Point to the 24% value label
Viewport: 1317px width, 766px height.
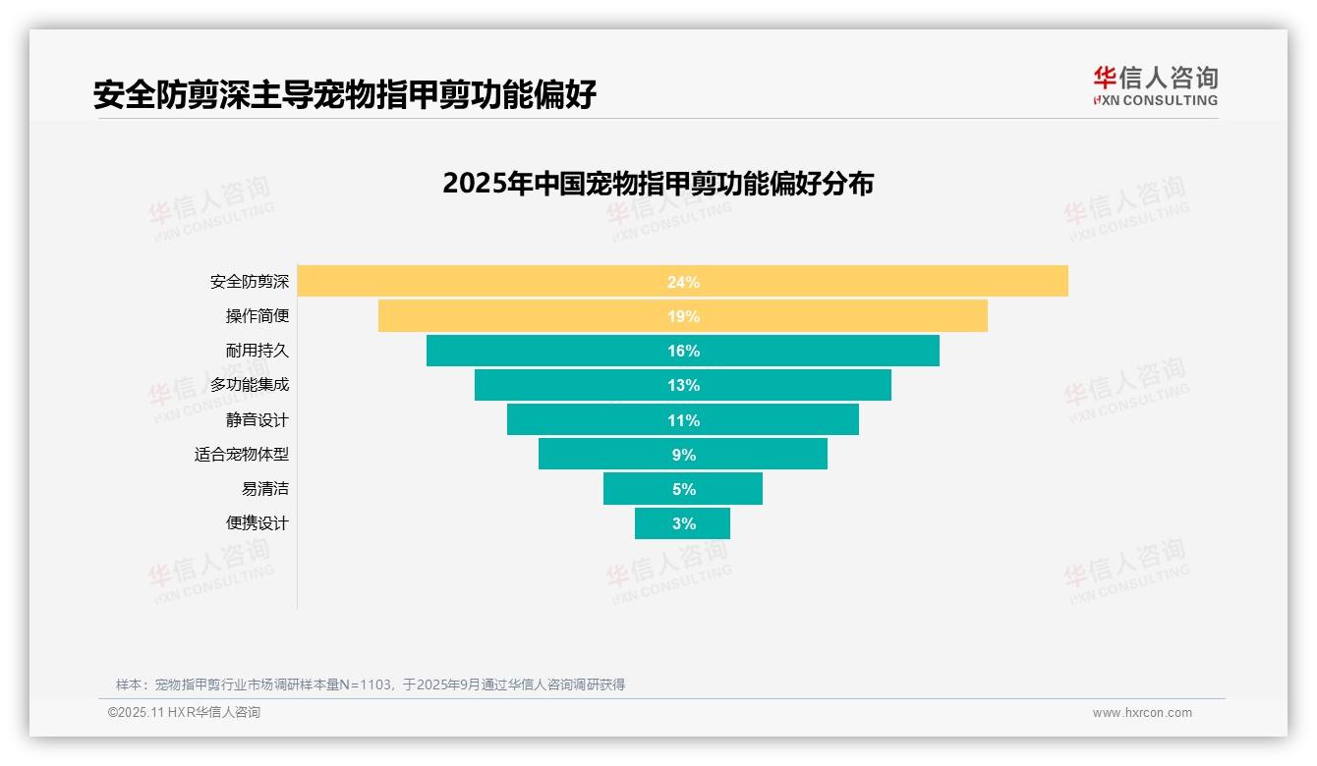click(x=683, y=282)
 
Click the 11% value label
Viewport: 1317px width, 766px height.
click(x=683, y=420)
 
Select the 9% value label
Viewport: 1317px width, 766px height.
click(x=683, y=455)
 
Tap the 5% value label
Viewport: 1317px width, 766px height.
click(x=683, y=489)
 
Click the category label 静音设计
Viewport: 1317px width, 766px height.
click(x=258, y=420)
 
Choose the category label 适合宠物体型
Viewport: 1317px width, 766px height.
click(x=242, y=455)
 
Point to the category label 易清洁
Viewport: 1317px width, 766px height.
click(x=265, y=489)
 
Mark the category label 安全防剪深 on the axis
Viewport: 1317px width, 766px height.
click(x=250, y=282)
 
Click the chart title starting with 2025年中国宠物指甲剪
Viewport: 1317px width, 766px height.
click(x=658, y=184)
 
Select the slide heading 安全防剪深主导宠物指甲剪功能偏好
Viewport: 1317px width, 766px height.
click(x=345, y=95)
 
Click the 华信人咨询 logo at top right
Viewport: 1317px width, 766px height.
click(x=1155, y=85)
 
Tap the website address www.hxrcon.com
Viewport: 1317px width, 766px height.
click(x=1142, y=713)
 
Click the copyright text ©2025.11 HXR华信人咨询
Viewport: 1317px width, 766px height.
click(x=184, y=713)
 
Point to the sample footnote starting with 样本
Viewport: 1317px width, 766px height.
click(x=371, y=684)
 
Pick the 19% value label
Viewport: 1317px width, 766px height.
click(x=683, y=316)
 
